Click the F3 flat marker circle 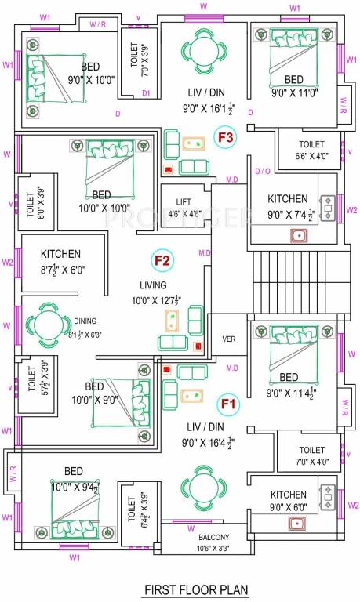(226, 139)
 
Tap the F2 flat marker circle (163, 261)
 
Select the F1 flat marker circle (228, 404)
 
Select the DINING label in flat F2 (85, 321)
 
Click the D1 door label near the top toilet (146, 93)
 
